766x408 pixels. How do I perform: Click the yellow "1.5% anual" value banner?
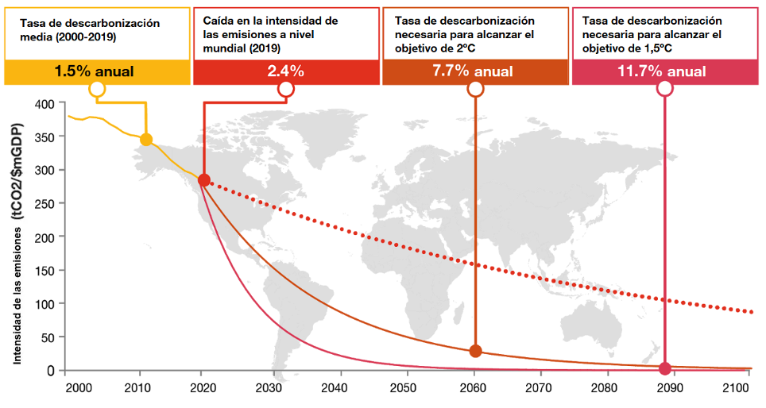click(97, 71)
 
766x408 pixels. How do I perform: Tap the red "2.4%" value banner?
click(285, 71)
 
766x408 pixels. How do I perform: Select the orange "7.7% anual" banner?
click(474, 71)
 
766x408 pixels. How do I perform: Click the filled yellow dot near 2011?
click(145, 140)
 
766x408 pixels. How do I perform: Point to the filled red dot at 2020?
click(203, 180)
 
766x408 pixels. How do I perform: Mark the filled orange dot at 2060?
click(476, 351)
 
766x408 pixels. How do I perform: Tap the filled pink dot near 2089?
click(665, 368)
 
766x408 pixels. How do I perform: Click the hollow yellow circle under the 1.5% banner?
click(97, 89)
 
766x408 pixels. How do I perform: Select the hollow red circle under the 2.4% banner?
click(286, 89)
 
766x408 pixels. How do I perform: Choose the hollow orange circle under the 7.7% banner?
click(476, 89)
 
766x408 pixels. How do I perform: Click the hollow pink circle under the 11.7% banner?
click(665, 89)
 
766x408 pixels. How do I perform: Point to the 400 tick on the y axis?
click(44, 103)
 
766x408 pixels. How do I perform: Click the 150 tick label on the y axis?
click(44, 271)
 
